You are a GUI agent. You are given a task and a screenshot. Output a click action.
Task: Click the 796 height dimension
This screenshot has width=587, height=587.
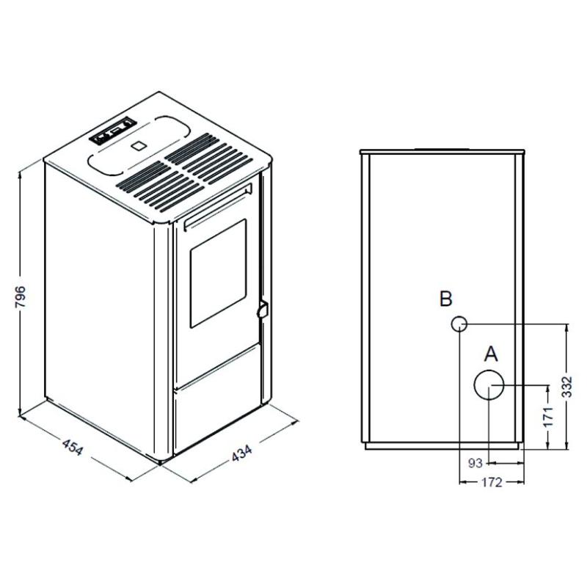coord(21,297)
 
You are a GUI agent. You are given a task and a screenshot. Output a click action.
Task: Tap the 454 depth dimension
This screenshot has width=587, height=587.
coord(72,447)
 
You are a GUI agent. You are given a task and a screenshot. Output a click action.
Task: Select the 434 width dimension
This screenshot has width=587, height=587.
coord(242,453)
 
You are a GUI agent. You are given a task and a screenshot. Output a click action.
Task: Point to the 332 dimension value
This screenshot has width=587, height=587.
coord(567,387)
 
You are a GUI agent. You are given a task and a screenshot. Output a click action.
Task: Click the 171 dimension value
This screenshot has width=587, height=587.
coord(548,416)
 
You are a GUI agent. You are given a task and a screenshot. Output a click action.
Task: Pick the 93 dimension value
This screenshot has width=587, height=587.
coord(475,464)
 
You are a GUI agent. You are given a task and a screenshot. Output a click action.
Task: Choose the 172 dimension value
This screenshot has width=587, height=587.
coord(492,483)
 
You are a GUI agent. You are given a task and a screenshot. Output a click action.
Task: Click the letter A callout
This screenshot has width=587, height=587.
coord(491,354)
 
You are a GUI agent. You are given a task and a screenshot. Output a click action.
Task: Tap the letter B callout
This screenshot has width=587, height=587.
coord(446,299)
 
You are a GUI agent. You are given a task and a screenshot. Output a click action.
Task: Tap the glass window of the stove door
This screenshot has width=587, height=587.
coord(218,274)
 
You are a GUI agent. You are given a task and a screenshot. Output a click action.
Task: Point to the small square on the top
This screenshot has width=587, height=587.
coord(139,145)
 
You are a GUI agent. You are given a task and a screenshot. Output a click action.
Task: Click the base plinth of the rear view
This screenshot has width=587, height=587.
coord(442,445)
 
